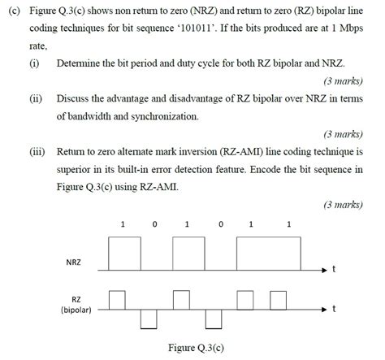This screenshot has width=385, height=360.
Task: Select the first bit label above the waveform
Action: click(x=122, y=223)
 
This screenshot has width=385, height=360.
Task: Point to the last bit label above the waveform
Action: click(x=289, y=223)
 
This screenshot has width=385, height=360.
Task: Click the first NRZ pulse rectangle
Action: click(x=123, y=253)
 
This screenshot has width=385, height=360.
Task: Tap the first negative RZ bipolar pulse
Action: click(x=149, y=319)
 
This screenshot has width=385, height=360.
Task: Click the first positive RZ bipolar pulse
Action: click(x=117, y=301)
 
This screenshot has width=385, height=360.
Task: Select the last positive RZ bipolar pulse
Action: click(x=279, y=301)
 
